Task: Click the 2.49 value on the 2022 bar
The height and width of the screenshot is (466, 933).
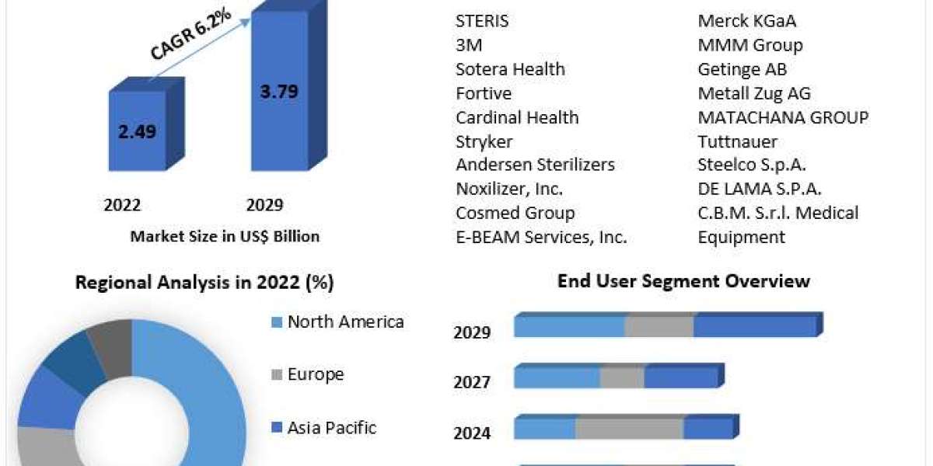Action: tap(137, 131)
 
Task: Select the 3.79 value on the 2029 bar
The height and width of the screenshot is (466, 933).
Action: tap(279, 91)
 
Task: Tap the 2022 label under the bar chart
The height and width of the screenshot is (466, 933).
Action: tap(122, 205)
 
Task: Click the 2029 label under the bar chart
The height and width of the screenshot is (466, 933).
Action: tap(264, 205)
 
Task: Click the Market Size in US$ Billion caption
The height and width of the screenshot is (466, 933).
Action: tap(225, 236)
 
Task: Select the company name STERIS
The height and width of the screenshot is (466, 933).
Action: tap(482, 21)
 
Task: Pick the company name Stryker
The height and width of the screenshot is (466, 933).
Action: tap(484, 141)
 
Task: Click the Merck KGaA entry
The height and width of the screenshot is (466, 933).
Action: tap(746, 21)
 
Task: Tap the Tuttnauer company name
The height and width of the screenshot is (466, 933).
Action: tap(737, 141)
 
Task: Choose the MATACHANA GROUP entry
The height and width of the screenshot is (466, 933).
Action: tap(783, 117)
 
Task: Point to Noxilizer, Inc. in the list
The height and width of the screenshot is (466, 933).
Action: tap(509, 189)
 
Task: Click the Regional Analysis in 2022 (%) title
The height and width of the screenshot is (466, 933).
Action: tap(204, 283)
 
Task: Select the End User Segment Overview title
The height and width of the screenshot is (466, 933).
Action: tap(683, 281)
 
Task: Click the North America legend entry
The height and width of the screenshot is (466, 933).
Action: tap(345, 322)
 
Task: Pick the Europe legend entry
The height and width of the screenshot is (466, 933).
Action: tap(316, 374)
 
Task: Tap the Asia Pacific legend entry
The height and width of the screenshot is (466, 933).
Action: tap(332, 427)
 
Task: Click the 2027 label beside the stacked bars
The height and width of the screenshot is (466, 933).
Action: tap(472, 382)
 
